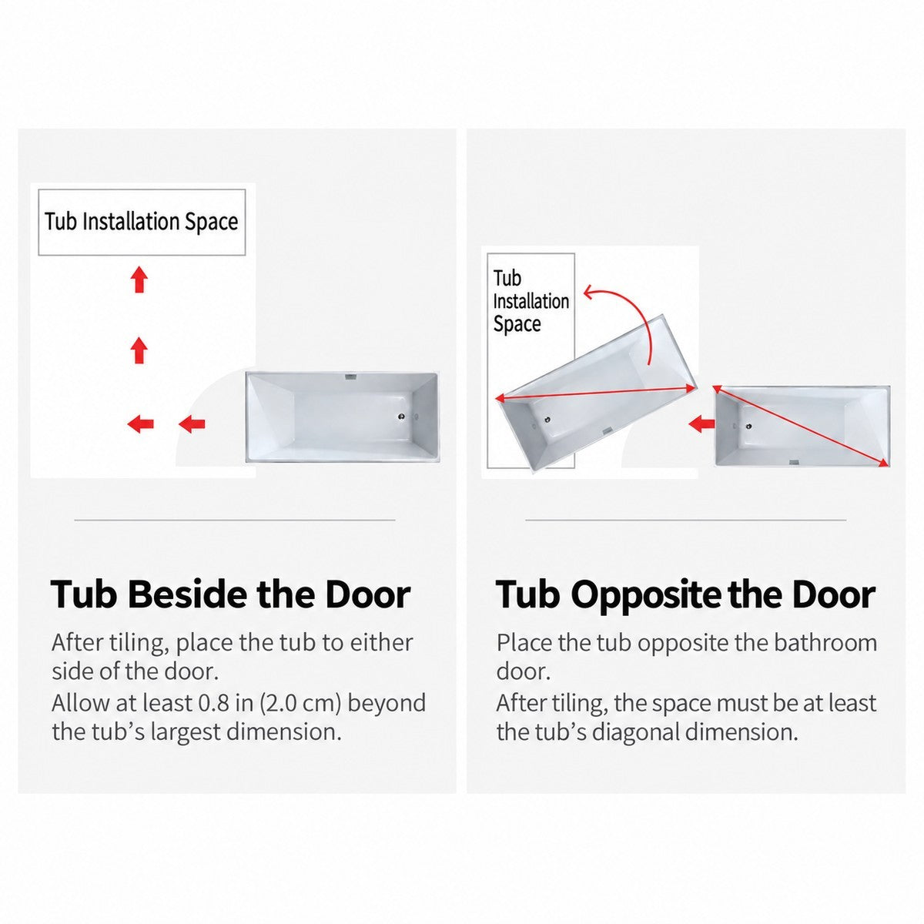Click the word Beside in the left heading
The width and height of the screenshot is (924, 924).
click(x=188, y=594)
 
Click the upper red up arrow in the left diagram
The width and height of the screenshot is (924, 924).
click(x=139, y=279)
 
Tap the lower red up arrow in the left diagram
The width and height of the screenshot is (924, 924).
click(x=139, y=350)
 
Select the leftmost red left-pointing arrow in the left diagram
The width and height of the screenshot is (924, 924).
click(x=140, y=423)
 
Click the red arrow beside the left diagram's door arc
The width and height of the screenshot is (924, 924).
click(x=192, y=423)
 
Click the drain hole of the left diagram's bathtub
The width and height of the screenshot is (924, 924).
click(x=401, y=417)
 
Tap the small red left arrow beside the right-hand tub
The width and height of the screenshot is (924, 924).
click(x=701, y=423)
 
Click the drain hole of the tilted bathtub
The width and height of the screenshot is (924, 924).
click(x=547, y=420)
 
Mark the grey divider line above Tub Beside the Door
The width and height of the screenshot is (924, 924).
click(x=235, y=520)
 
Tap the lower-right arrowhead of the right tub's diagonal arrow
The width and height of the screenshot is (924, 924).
click(x=882, y=462)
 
